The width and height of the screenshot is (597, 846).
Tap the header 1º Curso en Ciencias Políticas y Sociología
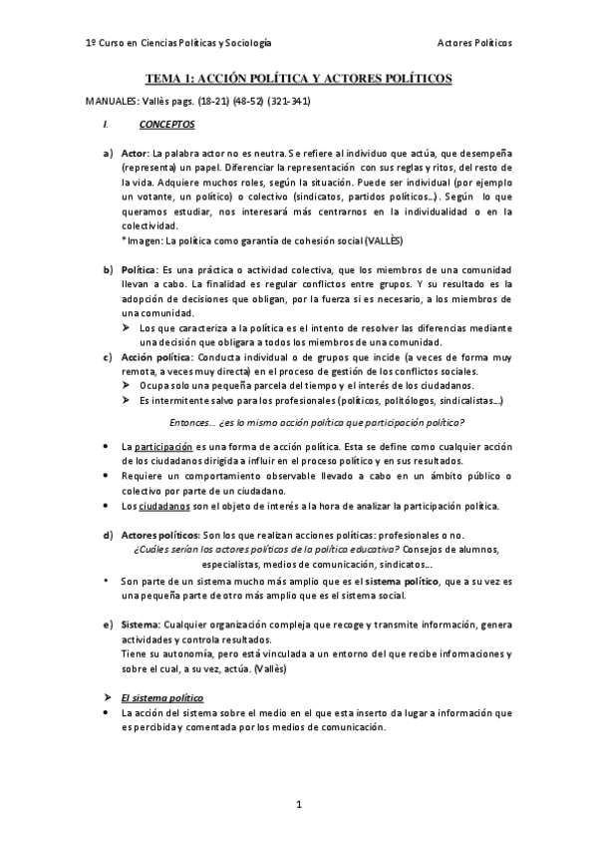178,44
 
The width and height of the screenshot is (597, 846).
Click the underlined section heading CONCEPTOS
167,125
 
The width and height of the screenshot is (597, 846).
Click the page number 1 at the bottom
298,803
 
